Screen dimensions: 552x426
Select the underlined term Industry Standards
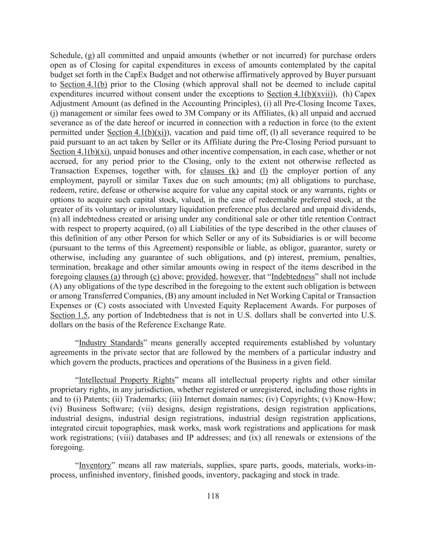tap(111, 343)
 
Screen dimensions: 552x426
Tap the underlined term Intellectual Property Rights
tap(127, 380)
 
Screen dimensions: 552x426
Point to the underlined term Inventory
tap(95, 465)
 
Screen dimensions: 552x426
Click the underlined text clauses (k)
tap(219, 171)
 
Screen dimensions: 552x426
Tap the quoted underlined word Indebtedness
tap(294, 277)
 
